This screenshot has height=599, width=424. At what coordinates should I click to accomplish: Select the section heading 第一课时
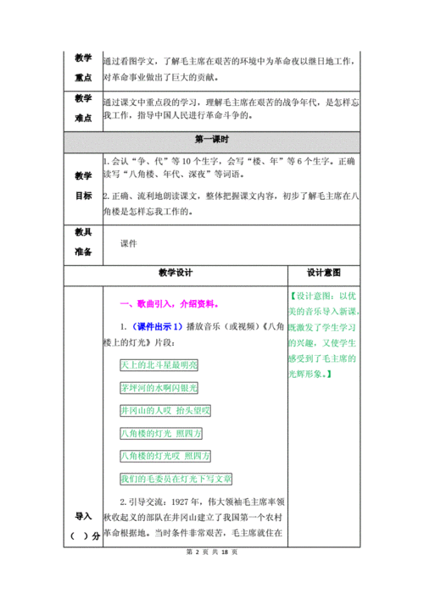pyautogui.click(x=211, y=140)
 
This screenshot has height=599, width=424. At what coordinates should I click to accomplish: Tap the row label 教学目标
pyautogui.click(x=82, y=186)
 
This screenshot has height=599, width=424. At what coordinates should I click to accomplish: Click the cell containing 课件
pyautogui.click(x=129, y=241)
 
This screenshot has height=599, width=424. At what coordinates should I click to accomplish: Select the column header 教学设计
pyautogui.click(x=176, y=273)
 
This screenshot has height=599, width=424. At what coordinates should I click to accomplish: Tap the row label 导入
pyautogui.click(x=82, y=516)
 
